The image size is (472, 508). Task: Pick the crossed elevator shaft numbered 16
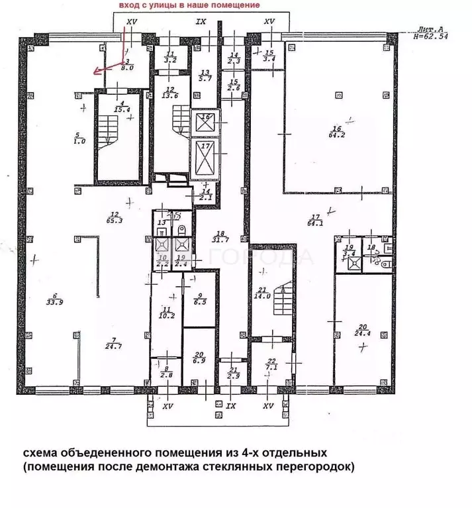(x=205, y=122)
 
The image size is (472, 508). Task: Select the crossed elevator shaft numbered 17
(x=205, y=155)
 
